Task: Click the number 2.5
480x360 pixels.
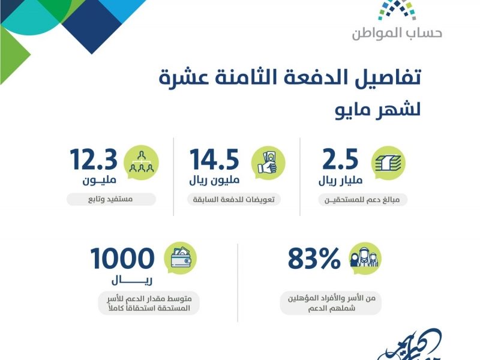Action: [340, 159]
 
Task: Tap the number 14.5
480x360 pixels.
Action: [214, 159]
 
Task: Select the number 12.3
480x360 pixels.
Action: [94, 159]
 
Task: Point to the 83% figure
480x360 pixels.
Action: [314, 258]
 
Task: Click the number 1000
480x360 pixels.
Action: [122, 258]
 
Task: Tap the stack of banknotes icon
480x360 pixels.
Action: [388, 163]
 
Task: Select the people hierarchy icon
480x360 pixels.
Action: [141, 162]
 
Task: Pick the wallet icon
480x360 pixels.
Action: [181, 258]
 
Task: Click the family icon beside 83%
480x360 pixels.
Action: [365, 258]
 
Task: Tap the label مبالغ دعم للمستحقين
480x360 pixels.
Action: [362, 200]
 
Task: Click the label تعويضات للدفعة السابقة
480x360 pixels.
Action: [233, 200]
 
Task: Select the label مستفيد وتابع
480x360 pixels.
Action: [110, 199]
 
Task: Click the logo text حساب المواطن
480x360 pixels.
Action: [397, 33]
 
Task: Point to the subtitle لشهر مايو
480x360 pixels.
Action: [378, 110]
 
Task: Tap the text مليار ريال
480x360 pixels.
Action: [340, 181]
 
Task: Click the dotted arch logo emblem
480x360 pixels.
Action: [397, 10]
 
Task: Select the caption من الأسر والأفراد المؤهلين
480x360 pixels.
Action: [332, 298]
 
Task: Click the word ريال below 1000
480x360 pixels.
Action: [132, 280]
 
